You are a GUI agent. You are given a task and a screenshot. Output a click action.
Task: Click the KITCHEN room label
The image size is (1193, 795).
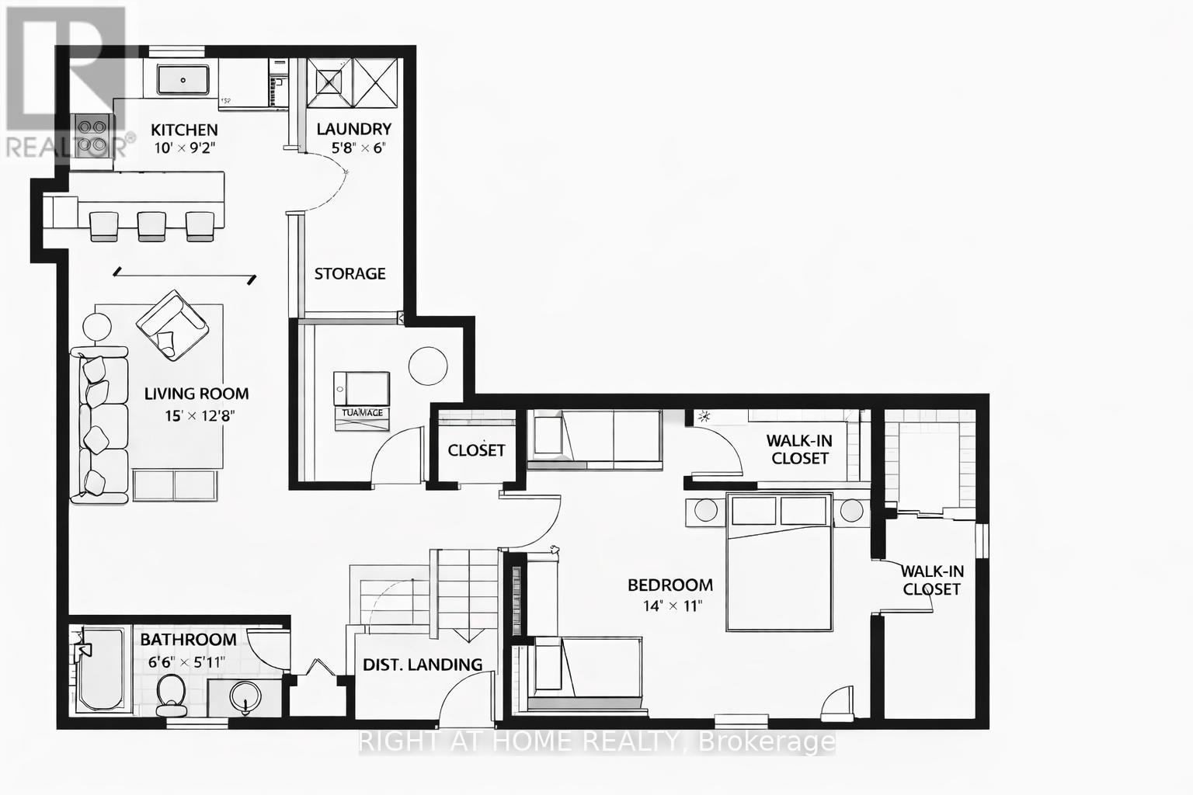(184, 130)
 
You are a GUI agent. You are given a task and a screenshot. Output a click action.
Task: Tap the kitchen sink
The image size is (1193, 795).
(183, 80)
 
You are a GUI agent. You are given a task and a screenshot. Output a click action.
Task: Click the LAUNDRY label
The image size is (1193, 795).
(353, 129)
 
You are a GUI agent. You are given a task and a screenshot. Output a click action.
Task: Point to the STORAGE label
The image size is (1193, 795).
(350, 273)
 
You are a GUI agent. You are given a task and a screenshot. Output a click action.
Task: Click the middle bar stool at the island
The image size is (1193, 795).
(151, 225)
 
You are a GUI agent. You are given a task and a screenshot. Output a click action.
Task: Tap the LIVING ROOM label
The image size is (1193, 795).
(197, 394)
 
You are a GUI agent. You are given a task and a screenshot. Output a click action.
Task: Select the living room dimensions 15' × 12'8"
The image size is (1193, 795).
(200, 415)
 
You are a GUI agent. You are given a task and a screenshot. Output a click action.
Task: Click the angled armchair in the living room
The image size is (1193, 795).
(172, 325)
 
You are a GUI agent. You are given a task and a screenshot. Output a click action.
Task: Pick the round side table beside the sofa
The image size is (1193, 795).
(99, 327)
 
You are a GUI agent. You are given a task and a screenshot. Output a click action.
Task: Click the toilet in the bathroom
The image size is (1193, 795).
(171, 694)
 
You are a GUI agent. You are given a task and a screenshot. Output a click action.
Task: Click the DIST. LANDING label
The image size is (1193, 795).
(423, 665)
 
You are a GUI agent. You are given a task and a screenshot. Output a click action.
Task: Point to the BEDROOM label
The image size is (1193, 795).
(670, 585)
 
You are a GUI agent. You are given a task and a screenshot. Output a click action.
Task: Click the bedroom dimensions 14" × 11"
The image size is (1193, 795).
(673, 606)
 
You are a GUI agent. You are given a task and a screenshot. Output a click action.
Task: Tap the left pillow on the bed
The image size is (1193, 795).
(754, 511)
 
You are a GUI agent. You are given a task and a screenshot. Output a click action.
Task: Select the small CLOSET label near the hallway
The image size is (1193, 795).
(476, 450)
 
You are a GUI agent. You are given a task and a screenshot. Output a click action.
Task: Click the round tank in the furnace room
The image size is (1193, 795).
(428, 364)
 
